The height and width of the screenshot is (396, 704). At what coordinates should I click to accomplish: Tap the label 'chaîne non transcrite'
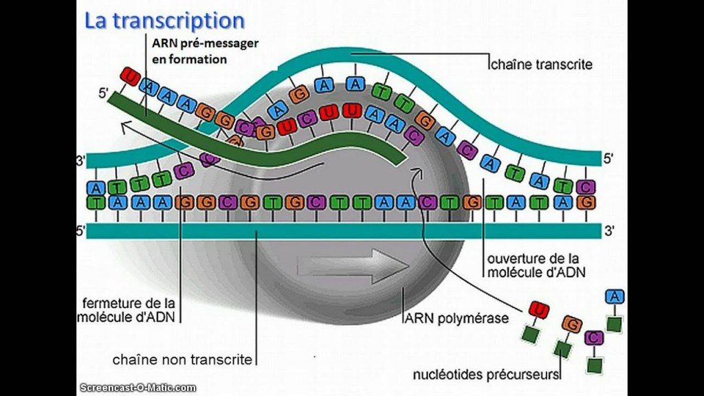(183, 360)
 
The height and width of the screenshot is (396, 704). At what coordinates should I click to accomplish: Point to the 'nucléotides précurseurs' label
(485, 375)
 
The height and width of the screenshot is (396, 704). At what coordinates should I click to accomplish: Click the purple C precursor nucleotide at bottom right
(593, 338)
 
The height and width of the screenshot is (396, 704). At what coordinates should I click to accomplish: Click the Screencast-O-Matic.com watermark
(137, 387)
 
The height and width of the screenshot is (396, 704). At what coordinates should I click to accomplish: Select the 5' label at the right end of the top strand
(608, 159)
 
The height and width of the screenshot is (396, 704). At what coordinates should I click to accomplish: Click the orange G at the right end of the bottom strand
(586, 203)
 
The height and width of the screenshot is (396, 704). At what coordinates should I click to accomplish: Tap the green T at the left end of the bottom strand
(96, 203)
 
